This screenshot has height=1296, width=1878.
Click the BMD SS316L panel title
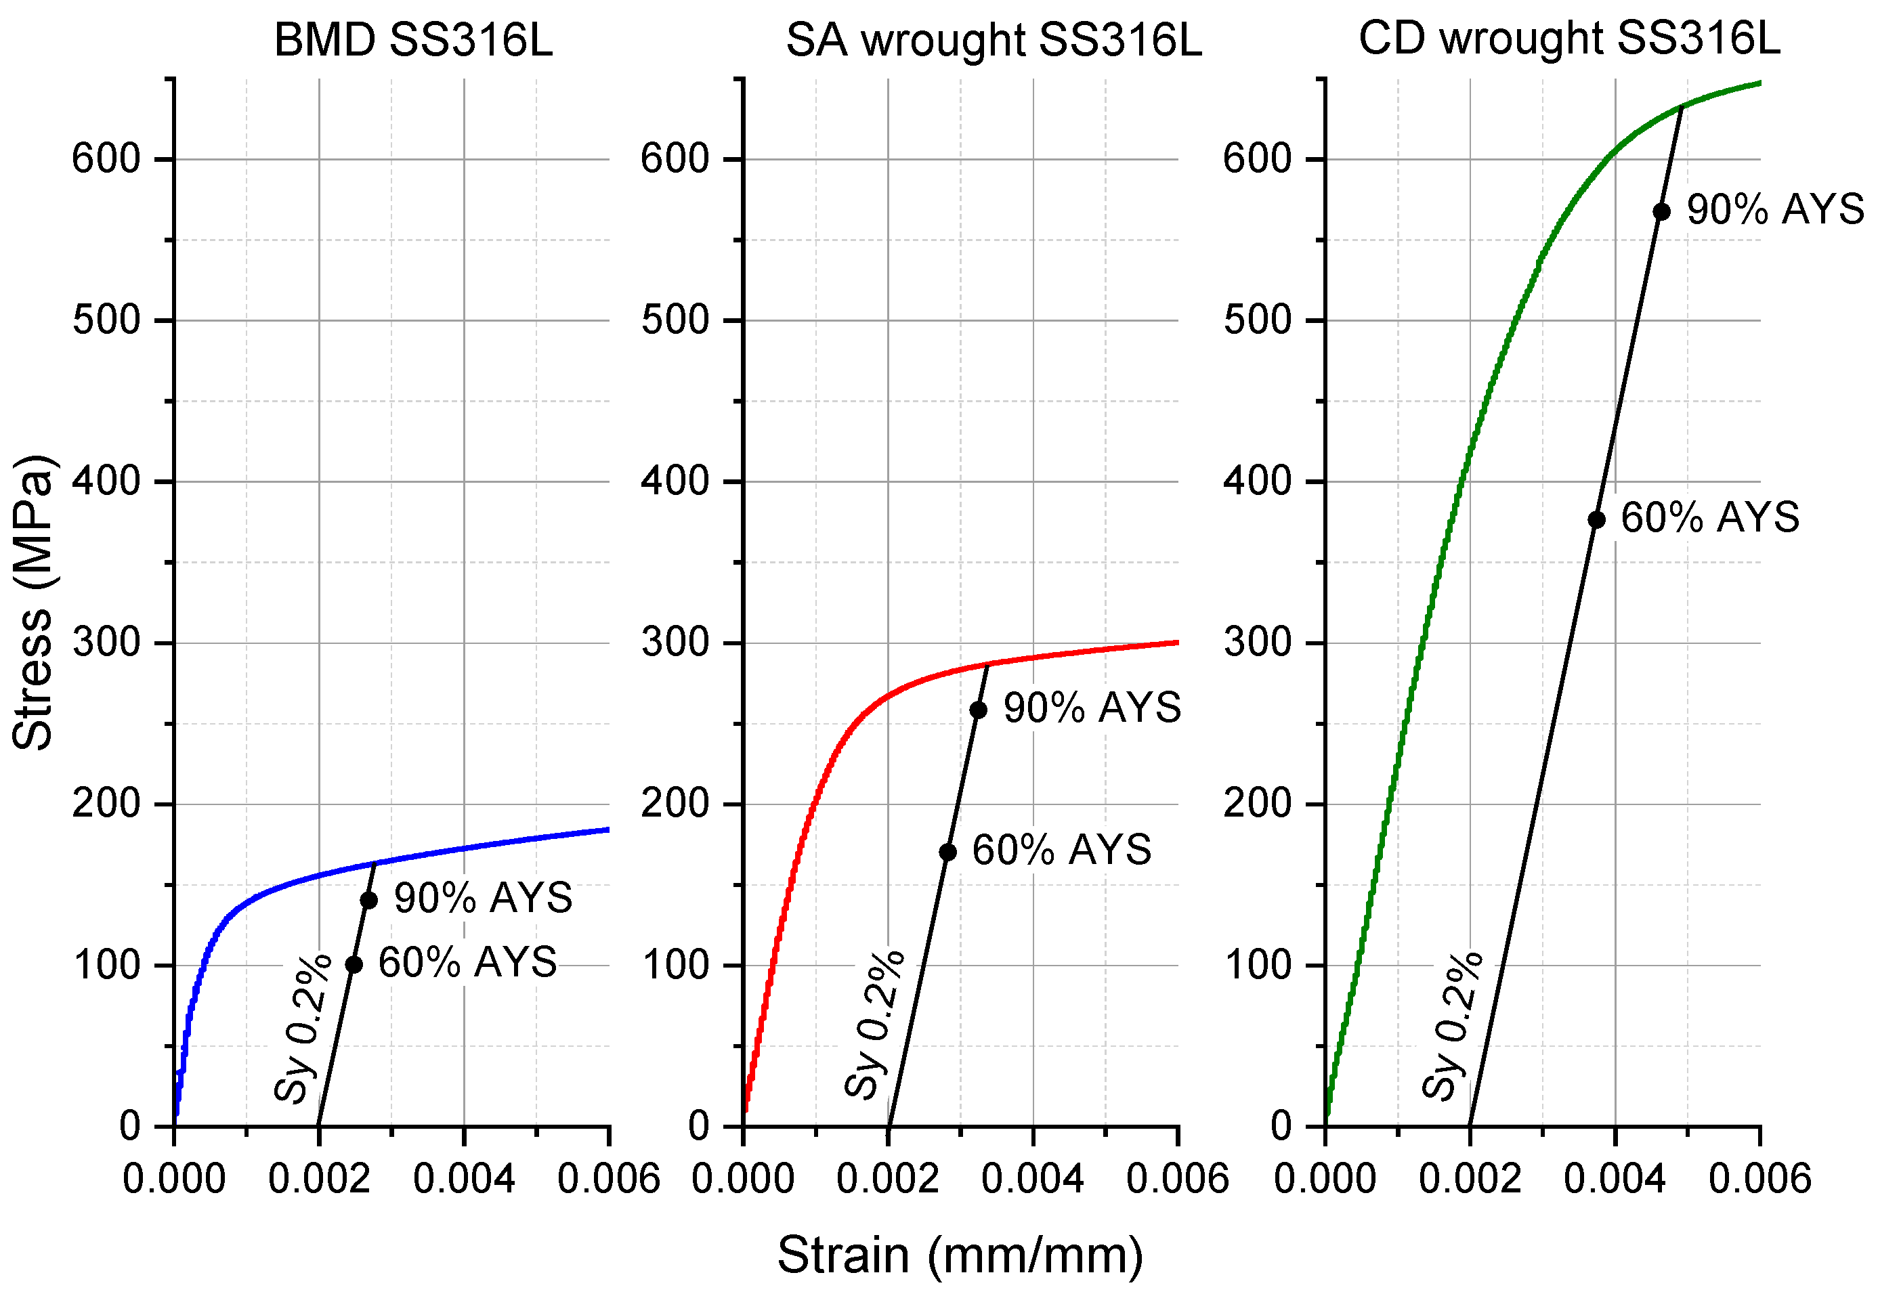click(413, 39)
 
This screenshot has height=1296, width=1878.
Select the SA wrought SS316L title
click(993, 39)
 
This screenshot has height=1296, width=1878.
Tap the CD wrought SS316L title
click(1568, 37)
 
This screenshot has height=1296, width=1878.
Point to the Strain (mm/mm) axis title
click(960, 1255)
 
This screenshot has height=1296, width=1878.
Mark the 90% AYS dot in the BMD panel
click(368, 900)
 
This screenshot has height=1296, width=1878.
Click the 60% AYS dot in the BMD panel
click(354, 965)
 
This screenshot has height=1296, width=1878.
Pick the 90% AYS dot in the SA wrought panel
click(979, 710)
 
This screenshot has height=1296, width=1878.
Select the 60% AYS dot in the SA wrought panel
click(947, 852)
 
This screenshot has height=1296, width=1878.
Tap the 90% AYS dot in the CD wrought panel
click(1661, 212)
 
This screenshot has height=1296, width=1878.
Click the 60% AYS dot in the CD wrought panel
click(1596, 520)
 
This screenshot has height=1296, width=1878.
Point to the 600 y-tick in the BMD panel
click(106, 158)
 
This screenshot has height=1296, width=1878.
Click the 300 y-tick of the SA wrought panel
click(675, 643)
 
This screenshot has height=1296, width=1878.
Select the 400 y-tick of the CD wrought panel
click(1258, 481)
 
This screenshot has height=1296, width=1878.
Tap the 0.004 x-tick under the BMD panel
click(464, 1178)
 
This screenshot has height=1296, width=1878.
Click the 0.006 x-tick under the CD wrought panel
click(1759, 1178)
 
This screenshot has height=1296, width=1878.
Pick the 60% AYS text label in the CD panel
click(1710, 517)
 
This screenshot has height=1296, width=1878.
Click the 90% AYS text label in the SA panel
click(1092, 708)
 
